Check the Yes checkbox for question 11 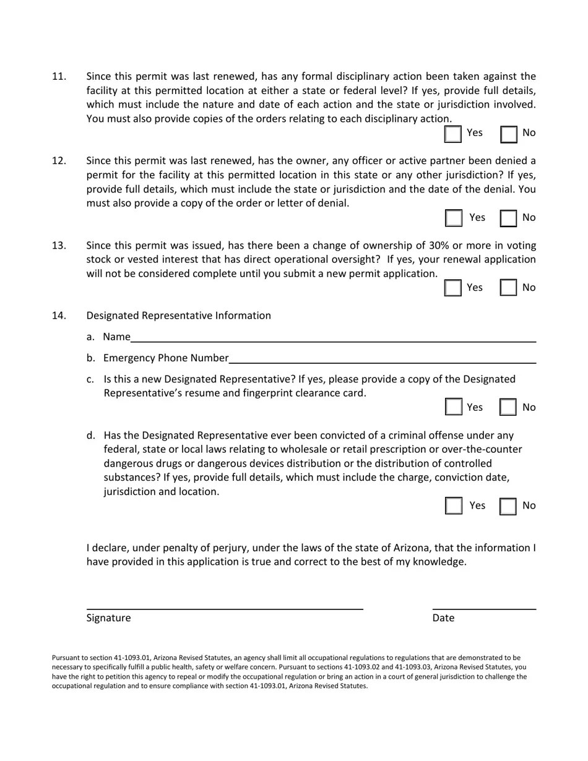click(453, 134)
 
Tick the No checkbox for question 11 click(509, 134)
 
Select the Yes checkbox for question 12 click(454, 218)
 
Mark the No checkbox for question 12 click(509, 218)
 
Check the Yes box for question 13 click(453, 288)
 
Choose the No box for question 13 click(509, 288)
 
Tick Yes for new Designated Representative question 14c click(454, 407)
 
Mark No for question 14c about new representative click(509, 407)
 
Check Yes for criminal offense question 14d click(454, 505)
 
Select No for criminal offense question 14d click(509, 505)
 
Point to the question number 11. click(59, 77)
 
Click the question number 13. click(59, 246)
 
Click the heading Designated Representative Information click(178, 316)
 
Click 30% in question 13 click(439, 246)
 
